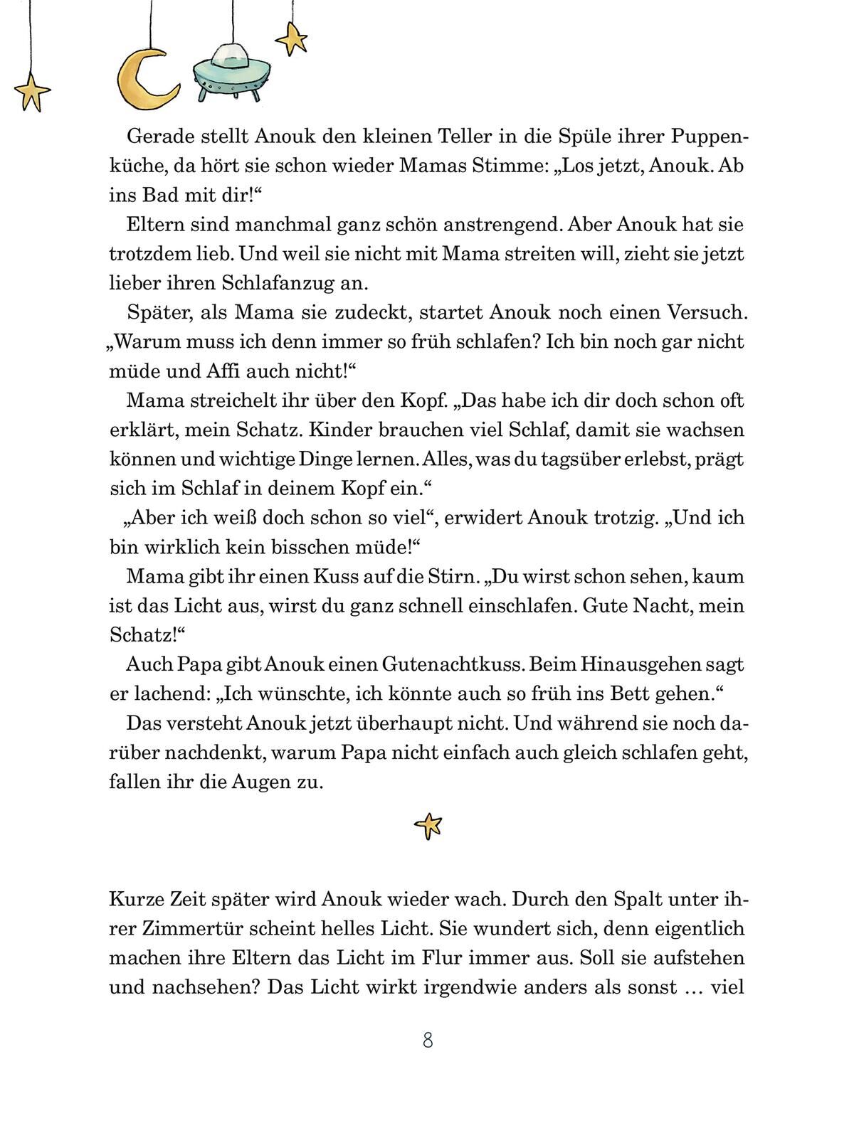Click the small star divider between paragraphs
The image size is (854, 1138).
click(428, 826)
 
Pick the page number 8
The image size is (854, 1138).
click(428, 1041)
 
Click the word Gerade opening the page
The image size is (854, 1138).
click(158, 137)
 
